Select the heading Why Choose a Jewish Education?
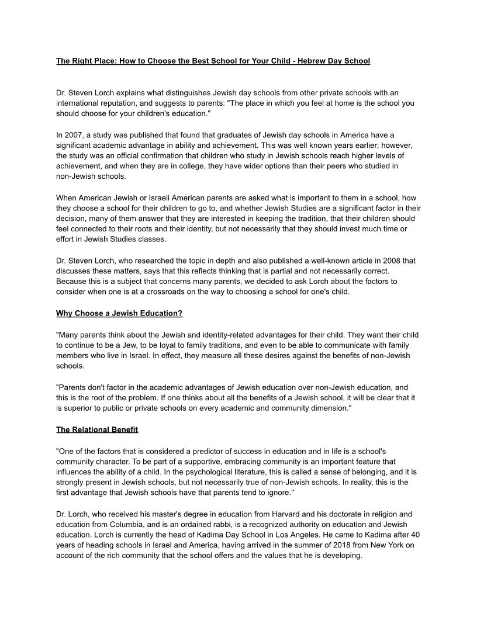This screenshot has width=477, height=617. tap(119, 313)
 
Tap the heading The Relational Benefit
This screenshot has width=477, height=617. tap(97, 430)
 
